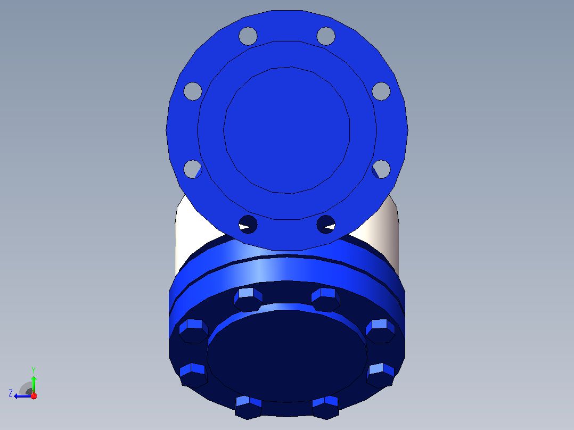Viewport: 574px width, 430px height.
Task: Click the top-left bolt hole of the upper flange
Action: [x=248, y=36]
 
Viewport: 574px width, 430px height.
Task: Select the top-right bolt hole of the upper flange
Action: [x=326, y=36]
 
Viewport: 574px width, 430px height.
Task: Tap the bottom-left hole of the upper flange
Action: [x=248, y=224]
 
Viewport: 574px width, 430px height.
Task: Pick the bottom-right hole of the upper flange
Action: [x=326, y=224]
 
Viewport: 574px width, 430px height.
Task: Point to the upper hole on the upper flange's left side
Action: [x=193, y=91]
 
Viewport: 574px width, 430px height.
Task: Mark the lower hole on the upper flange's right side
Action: [x=381, y=169]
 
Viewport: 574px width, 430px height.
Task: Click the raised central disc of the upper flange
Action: [x=286, y=130]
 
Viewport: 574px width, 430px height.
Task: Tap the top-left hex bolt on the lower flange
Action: [x=248, y=300]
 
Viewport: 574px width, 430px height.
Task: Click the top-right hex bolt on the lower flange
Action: [x=326, y=300]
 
